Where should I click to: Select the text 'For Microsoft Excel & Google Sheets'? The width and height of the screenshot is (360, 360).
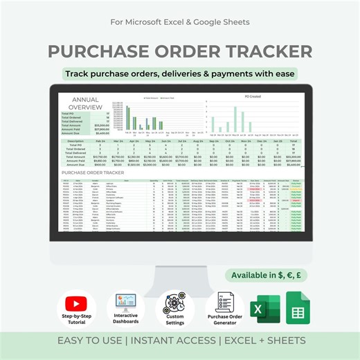(180, 20)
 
